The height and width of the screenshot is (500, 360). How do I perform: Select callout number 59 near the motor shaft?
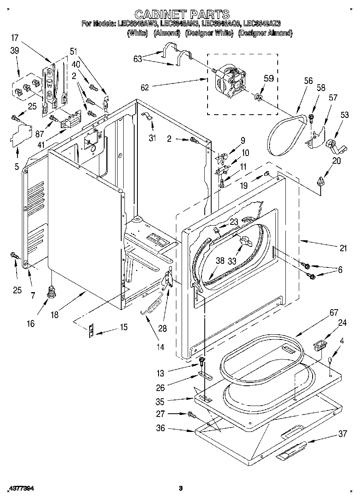269,79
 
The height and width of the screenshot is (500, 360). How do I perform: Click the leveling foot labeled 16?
51,292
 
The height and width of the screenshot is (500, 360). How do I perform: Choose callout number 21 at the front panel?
343,248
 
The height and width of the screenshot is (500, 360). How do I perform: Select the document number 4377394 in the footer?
20,489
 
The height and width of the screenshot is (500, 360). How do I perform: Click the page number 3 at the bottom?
181,489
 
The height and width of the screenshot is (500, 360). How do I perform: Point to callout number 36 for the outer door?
161,428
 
